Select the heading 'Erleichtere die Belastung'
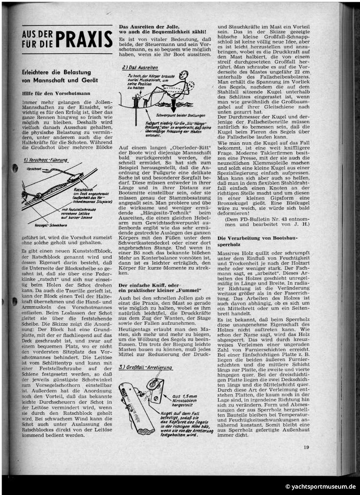pyautogui.click(x=57, y=72)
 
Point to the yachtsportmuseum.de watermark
pyautogui.click(x=321, y=486)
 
